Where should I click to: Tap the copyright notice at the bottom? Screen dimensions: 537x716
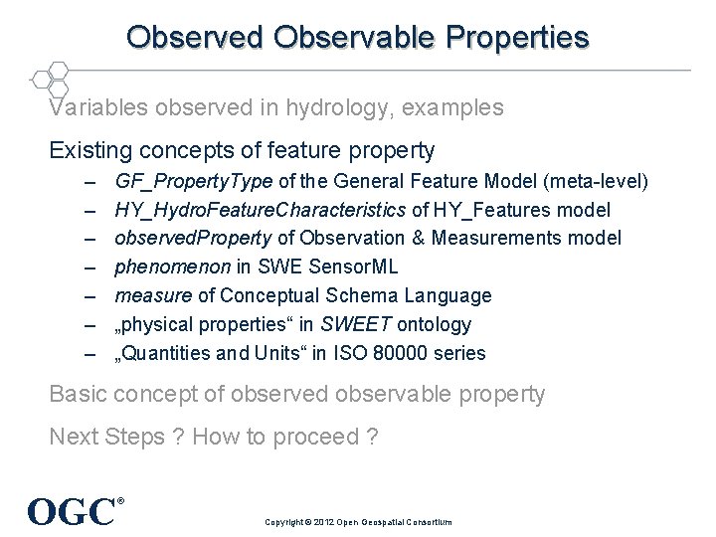(358, 522)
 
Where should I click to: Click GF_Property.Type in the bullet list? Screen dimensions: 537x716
(195, 182)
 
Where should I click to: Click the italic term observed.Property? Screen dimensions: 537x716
(193, 239)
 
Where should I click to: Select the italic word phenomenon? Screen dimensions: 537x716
(173, 268)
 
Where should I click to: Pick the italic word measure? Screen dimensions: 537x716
(153, 296)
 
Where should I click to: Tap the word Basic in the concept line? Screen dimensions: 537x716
(79, 394)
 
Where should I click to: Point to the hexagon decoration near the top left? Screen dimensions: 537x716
(50, 78)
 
